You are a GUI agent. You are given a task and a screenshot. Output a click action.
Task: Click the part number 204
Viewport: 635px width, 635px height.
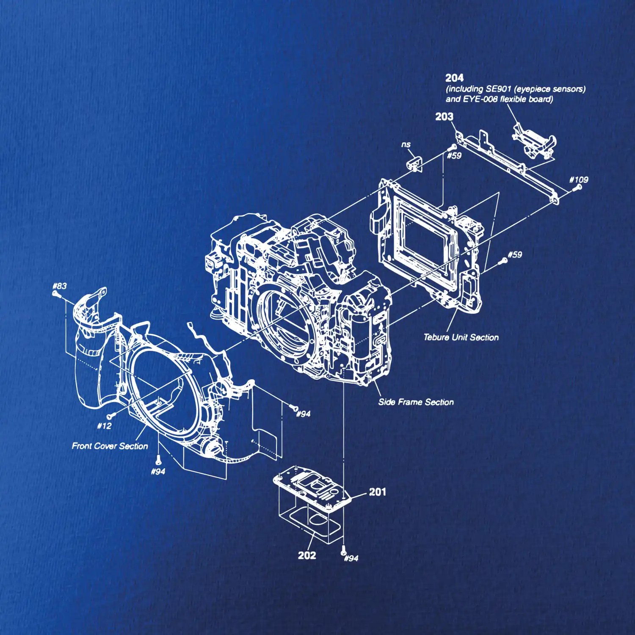[454, 78]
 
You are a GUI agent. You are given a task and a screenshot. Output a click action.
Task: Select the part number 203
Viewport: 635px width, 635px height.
[444, 116]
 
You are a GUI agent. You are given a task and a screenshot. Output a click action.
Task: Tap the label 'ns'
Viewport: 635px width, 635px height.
[406, 144]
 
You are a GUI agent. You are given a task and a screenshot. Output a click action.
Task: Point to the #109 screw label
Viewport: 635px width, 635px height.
[579, 179]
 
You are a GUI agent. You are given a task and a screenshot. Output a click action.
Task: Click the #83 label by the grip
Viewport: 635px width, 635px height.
[60, 286]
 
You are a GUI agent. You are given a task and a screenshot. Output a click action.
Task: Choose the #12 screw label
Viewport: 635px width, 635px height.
[104, 426]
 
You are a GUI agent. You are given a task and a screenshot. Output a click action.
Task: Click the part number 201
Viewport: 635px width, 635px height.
[377, 492]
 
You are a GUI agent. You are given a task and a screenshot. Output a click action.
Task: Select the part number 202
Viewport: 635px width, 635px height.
[307, 555]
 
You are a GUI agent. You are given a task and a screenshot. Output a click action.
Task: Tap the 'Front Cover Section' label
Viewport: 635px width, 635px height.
[110, 446]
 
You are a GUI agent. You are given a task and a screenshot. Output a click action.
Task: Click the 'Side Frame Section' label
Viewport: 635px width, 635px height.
[416, 402]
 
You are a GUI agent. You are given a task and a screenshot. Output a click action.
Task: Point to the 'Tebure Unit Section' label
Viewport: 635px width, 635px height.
[461, 337]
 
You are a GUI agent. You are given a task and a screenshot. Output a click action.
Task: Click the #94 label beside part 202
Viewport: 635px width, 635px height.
[351, 558]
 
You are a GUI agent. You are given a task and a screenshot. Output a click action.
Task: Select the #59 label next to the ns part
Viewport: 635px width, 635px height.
[454, 156]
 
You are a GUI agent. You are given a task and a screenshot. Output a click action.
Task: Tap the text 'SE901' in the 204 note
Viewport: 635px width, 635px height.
[498, 89]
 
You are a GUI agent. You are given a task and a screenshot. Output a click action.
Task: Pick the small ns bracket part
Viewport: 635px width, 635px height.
[415, 164]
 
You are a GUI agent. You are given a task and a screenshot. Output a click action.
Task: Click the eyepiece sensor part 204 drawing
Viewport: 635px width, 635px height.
[534, 141]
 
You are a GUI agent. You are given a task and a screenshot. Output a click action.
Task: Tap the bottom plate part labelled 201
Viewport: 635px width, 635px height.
[312, 487]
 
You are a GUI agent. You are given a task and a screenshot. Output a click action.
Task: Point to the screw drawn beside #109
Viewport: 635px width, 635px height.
[577, 187]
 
